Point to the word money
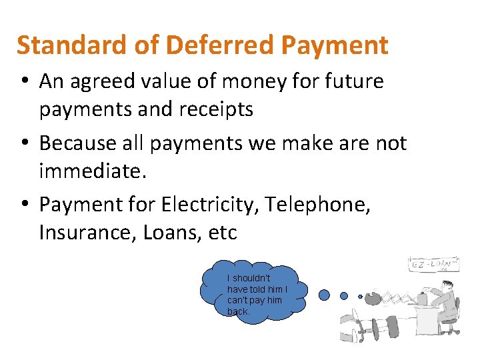[239, 82]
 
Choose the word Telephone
[317, 205]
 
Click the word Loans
[168, 233]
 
